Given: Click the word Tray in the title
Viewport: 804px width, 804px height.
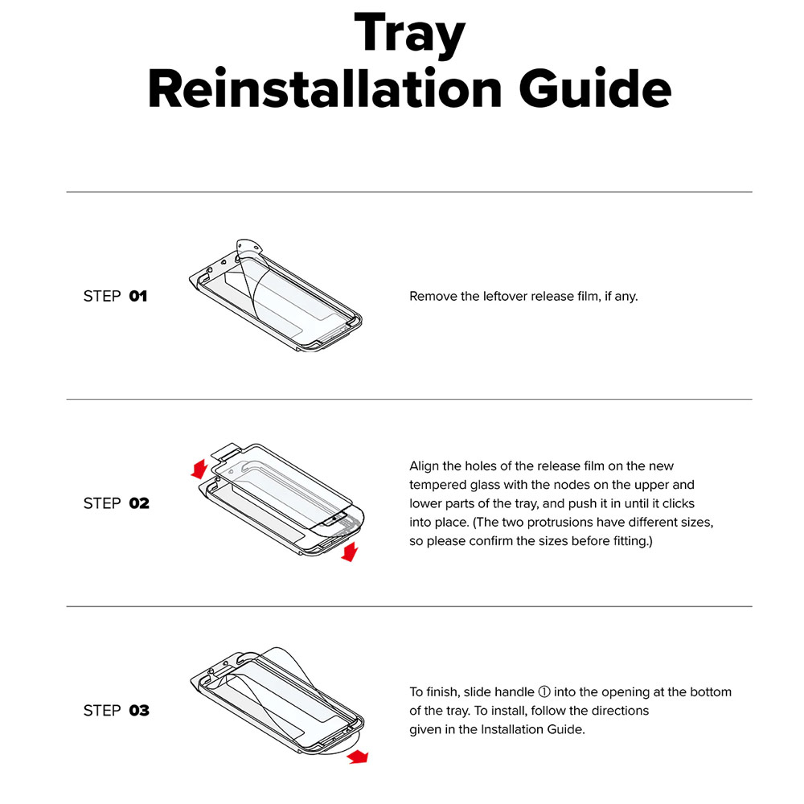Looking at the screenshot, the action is (410, 33).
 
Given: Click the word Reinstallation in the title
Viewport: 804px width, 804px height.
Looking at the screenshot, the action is (325, 88).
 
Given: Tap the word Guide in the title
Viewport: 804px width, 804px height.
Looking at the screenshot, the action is (595, 88).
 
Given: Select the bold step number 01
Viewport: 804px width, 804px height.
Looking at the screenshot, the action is (138, 297).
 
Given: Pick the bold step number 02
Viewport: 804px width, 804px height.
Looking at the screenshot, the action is (139, 503).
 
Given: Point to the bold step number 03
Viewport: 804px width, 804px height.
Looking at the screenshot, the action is (139, 711).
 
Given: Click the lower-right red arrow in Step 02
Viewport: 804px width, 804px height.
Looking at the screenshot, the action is (350, 553).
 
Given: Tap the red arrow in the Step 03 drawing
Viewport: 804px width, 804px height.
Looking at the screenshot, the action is (358, 757).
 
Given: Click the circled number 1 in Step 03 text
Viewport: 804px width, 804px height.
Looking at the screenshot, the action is (544, 692).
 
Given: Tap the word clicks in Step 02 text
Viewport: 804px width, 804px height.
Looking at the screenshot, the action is (679, 503).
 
